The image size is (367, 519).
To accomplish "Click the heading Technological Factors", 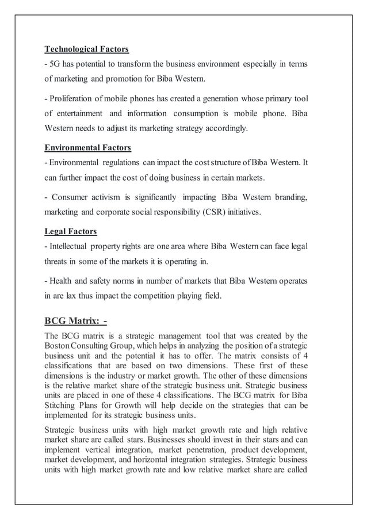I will [86, 49].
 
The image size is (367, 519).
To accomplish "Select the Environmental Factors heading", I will [88, 148].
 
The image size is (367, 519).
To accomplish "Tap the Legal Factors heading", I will [71, 232].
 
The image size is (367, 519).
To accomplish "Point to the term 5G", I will [55, 63].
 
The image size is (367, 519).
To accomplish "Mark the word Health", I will [60, 282].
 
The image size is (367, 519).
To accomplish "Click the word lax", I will [71, 297].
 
